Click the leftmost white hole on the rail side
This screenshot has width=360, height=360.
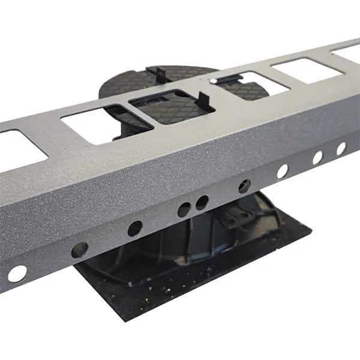(x=16, y=273)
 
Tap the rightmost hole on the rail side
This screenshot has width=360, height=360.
(x=341, y=148)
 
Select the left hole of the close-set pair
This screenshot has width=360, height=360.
(x=184, y=210)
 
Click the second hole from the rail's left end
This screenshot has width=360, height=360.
(x=80, y=249)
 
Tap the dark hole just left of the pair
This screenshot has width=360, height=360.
(x=135, y=228)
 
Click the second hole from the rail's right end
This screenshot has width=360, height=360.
(x=317, y=157)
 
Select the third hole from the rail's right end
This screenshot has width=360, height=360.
(x=282, y=171)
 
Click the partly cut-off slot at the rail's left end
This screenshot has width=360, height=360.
(x=18, y=147)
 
